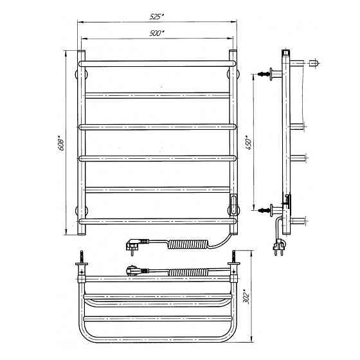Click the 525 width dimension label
point(157,17)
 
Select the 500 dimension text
point(157,33)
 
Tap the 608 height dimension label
point(60,144)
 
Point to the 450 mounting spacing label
point(249,143)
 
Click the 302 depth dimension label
point(246,296)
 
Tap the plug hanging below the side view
point(280,247)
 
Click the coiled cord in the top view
point(188,272)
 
